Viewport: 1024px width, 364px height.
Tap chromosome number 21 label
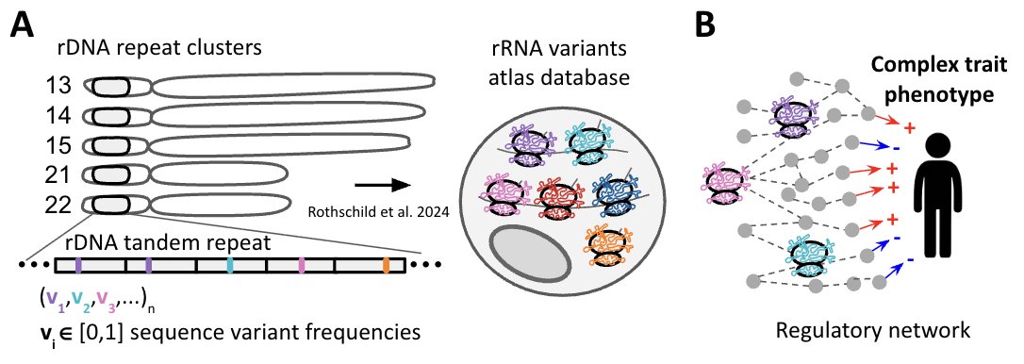tap(58, 174)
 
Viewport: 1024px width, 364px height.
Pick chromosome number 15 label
tap(58, 146)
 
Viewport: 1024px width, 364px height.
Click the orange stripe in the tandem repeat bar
tap(387, 266)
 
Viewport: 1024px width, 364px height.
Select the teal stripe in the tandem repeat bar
tap(230, 266)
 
